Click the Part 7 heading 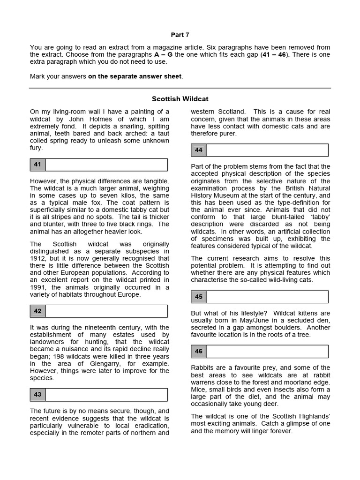click(180, 35)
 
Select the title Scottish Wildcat click(180, 99)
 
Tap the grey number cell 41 click(37, 165)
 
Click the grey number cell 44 click(199, 150)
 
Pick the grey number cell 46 click(199, 351)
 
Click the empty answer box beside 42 click(106, 311)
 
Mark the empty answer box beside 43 click(106, 395)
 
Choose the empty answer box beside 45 click(267, 297)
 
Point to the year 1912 click(38, 258)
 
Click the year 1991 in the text click(38, 287)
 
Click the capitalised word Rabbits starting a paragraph click(202, 368)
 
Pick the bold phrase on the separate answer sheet click(135, 76)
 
